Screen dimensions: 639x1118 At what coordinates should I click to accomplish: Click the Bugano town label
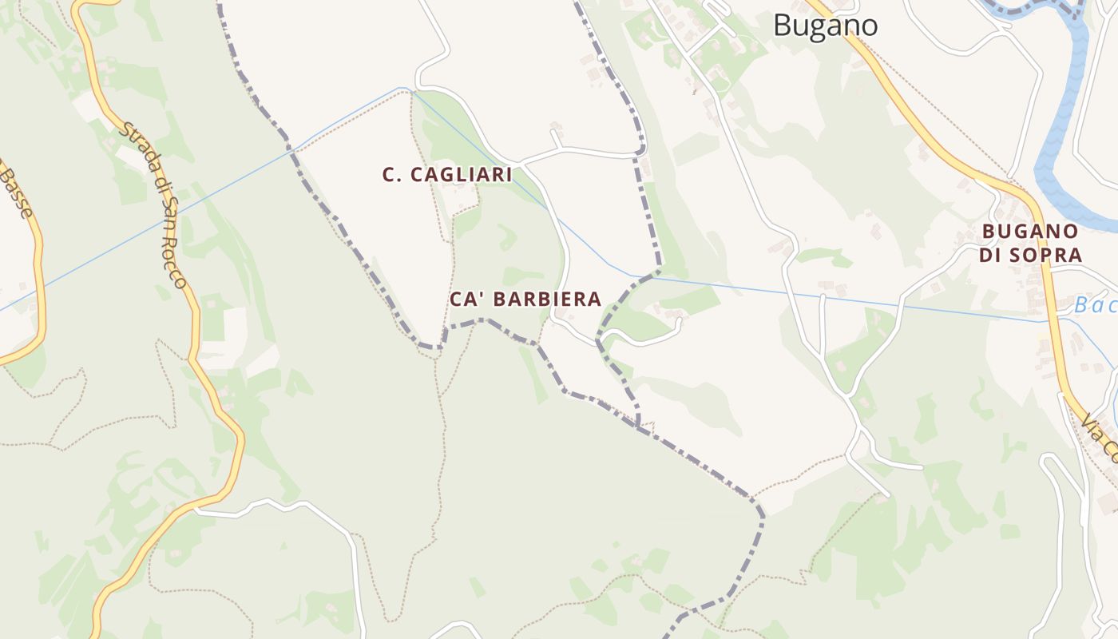coord(826,26)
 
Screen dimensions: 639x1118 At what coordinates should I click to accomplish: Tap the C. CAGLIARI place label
coord(447,175)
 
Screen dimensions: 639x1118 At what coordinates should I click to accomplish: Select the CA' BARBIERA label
coord(525,300)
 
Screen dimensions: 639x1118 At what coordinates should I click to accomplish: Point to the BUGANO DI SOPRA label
coord(1032,244)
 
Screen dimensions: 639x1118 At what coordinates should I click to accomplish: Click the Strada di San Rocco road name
coord(154,206)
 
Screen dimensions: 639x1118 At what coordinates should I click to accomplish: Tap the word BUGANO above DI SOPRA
coord(1031,232)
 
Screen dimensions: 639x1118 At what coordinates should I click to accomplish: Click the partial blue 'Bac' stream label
coord(1095,305)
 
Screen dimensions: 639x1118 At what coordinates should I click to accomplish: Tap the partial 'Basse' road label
coord(18,192)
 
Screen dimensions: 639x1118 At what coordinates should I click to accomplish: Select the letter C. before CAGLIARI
coord(391,175)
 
